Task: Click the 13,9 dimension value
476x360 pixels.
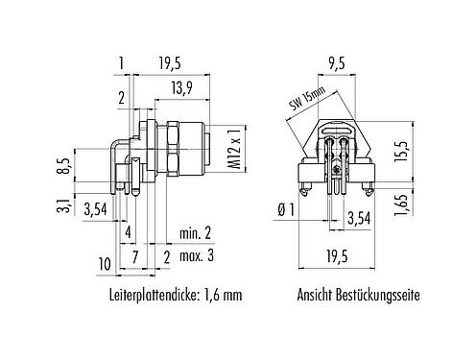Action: (x=173, y=87)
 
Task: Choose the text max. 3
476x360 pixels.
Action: (x=198, y=254)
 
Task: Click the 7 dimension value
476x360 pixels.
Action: (x=136, y=255)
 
